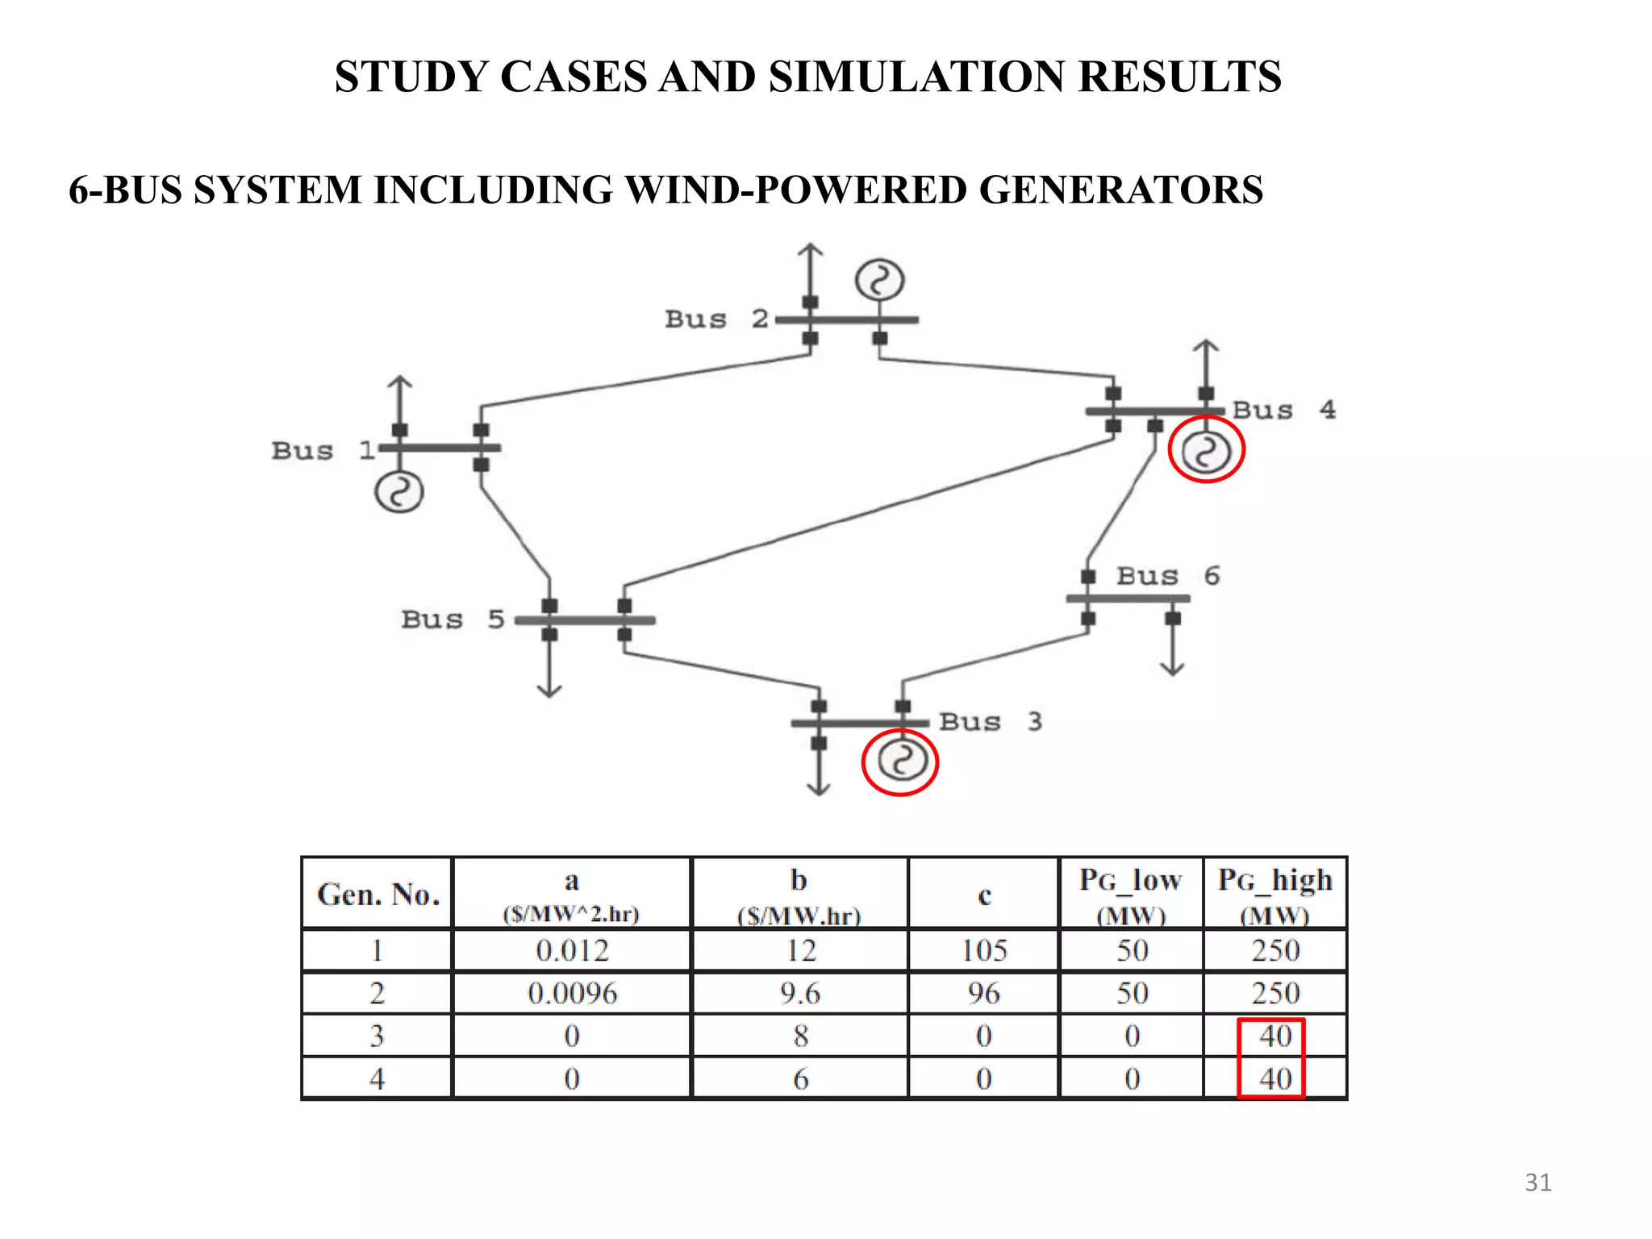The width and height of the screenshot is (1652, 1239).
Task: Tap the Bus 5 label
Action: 453,619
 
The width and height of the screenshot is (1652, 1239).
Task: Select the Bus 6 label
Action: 1167,576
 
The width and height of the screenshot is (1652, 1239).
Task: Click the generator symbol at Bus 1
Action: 398,492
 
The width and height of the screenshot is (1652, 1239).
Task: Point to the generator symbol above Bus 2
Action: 879,281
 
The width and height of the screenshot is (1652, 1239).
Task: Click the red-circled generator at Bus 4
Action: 1206,451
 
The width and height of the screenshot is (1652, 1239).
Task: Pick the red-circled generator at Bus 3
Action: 900,761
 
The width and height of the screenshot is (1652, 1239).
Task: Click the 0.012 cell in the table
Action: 572,950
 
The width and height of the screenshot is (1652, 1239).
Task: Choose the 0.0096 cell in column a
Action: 572,993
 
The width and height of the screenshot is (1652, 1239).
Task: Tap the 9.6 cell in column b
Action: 799,993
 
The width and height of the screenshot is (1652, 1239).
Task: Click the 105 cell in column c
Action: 983,950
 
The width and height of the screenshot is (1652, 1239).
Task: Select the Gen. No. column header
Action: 378,894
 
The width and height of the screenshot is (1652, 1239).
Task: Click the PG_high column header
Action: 1274,894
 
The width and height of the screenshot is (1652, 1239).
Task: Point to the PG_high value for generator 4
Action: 1274,1078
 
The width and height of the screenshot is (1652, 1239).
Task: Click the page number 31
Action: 1537,1183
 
